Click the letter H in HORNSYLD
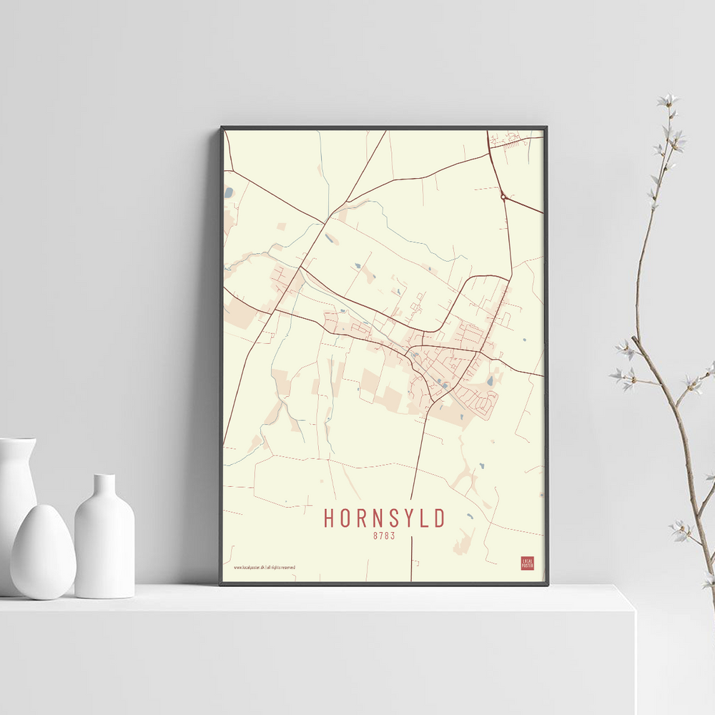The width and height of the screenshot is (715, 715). click(330, 518)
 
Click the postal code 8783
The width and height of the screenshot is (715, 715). click(384, 535)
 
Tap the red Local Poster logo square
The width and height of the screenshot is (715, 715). click(528, 563)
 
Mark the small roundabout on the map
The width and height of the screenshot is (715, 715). click(503, 196)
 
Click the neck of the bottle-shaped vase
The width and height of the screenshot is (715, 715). click(104, 486)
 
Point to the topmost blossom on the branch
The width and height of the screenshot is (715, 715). click(668, 99)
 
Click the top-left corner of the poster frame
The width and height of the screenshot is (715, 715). click(222, 128)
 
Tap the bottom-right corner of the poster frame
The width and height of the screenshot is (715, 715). click(547, 584)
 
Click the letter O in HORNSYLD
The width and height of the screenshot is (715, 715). click(345, 518)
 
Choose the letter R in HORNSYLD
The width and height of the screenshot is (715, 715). click(360, 518)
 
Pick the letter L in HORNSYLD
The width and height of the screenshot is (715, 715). click(422, 518)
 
